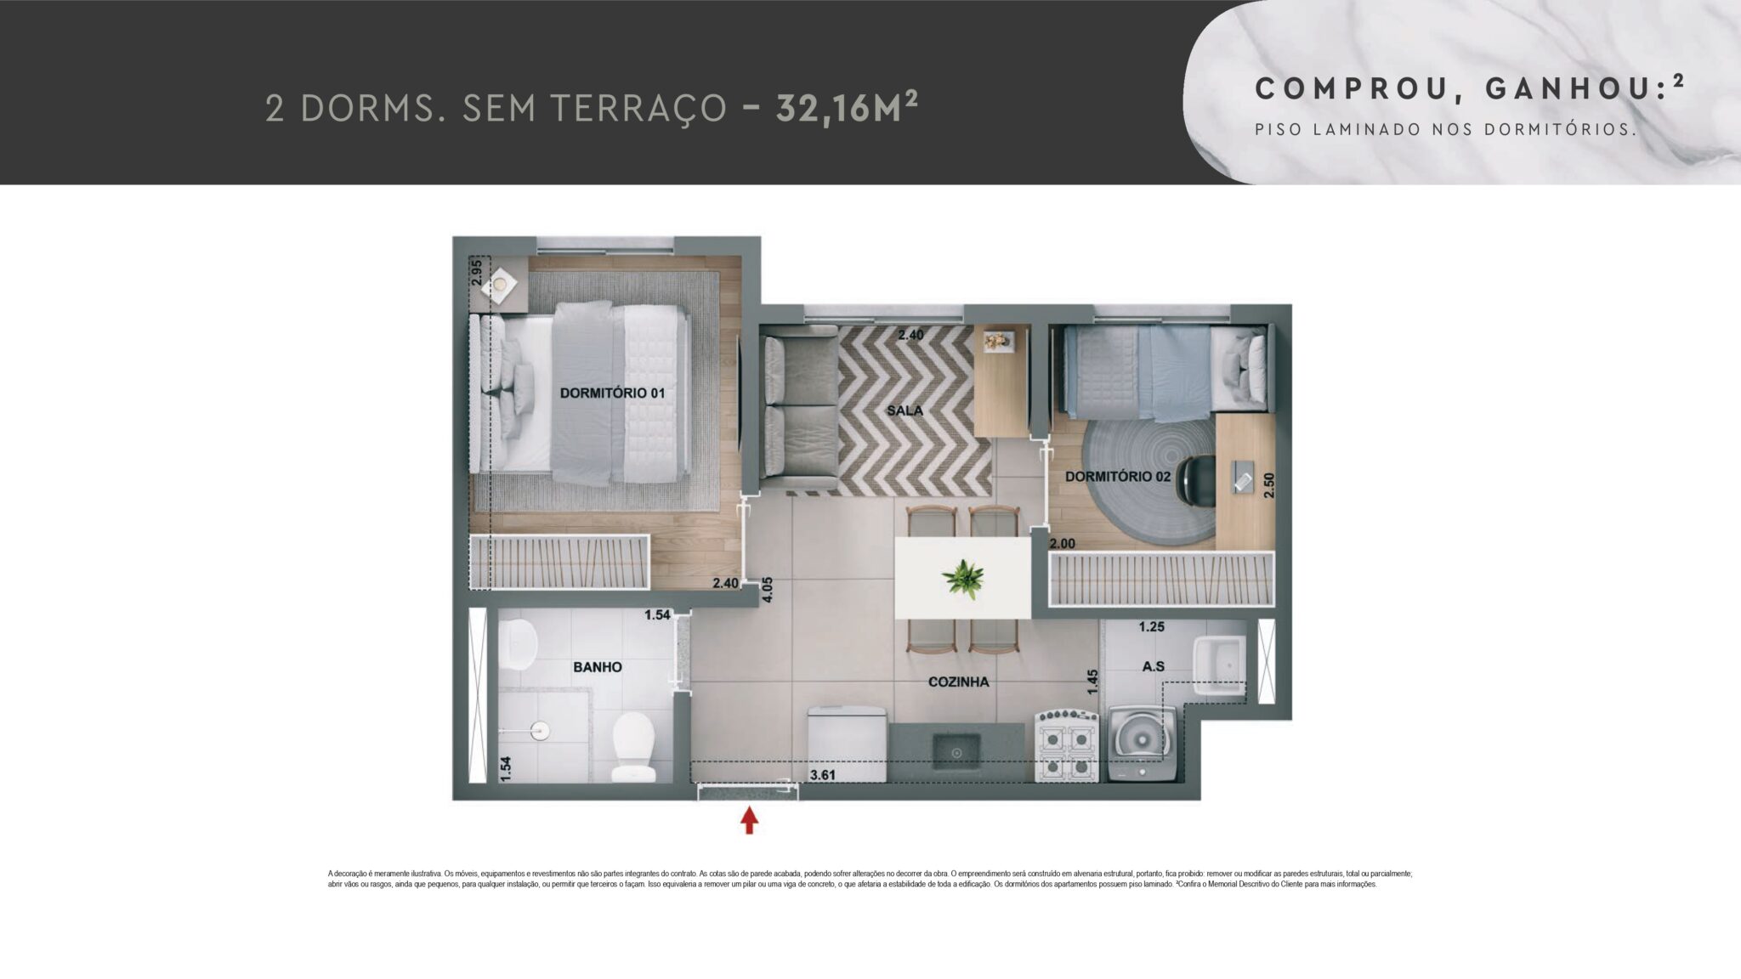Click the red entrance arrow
(749, 820)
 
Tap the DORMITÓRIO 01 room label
(612, 393)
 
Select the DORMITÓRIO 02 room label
(1117, 477)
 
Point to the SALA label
(905, 410)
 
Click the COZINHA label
(958, 682)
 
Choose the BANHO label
(597, 667)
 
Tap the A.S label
(1153, 667)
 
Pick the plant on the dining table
(963, 579)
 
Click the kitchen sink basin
(956, 752)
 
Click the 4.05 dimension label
(768, 590)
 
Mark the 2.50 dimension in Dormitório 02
(1269, 485)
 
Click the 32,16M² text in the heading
(847, 109)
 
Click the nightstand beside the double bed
(501, 284)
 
